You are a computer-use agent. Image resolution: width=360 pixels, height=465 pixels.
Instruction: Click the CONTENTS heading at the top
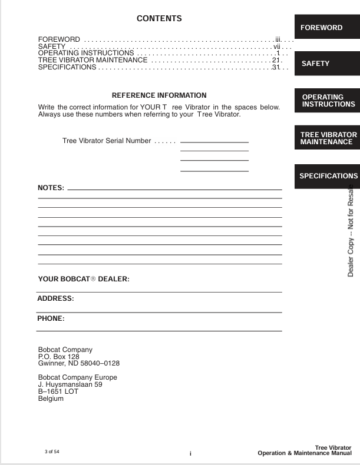(159, 19)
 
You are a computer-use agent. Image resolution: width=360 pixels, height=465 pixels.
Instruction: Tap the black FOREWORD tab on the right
(322, 28)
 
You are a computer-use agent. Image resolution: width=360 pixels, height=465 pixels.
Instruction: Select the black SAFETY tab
(315, 64)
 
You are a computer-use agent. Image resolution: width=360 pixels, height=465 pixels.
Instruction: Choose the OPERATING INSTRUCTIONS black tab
(328, 100)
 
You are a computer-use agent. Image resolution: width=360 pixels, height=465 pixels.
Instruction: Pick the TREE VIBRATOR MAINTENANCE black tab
(326, 138)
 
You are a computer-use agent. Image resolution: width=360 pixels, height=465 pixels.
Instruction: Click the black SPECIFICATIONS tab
(328, 175)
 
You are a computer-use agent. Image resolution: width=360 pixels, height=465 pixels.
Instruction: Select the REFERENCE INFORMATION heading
(159, 95)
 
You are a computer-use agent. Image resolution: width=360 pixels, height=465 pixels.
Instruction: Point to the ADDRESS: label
(55, 298)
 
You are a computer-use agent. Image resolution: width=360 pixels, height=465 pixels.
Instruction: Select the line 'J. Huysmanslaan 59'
(70, 384)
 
